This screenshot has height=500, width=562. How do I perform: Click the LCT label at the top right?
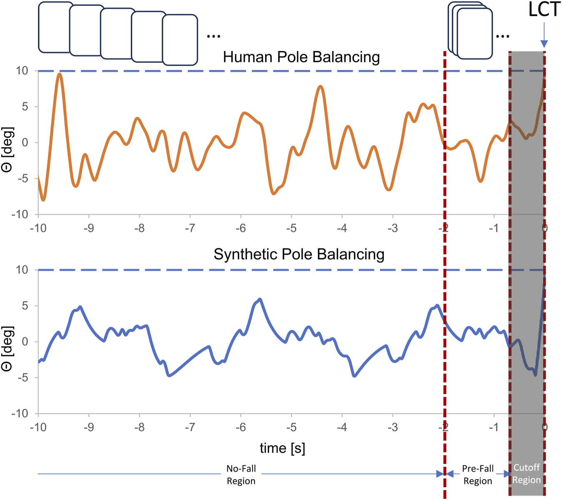pos(544,10)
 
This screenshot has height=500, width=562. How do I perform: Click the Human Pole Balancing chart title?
pos(301,57)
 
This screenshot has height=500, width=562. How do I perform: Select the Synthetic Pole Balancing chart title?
pos(298,254)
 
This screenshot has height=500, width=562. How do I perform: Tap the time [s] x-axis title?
pos(282,448)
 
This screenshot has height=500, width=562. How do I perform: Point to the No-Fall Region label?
pos(241,475)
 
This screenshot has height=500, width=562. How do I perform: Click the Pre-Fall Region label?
pos(477,475)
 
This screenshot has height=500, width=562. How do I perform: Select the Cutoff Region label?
pos(526,474)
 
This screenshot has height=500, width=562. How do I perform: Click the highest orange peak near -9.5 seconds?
pos(60,74)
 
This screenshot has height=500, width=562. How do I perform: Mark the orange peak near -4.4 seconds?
pos(320,87)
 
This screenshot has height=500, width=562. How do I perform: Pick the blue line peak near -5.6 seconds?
pos(260,299)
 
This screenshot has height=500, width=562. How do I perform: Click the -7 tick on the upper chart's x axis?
pos(190,228)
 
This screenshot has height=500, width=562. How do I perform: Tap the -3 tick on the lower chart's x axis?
pos(393,427)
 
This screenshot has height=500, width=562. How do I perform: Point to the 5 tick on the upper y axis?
pos(25,107)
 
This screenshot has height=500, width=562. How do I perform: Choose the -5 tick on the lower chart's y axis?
pos(22,378)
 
